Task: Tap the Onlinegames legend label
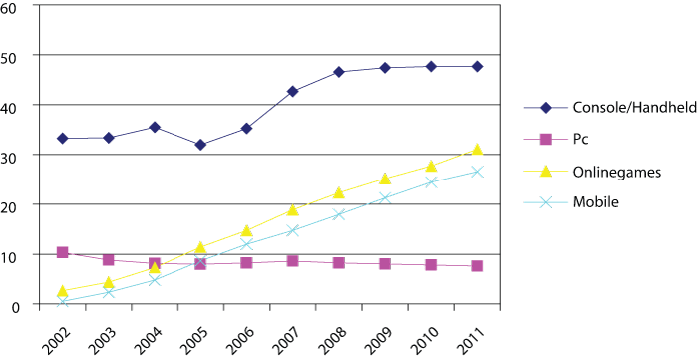coord(605,171)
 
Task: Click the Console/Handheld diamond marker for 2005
coord(200,145)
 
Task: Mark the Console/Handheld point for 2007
coord(293,91)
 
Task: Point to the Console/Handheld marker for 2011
coord(477,67)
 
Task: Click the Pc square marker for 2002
coord(62,253)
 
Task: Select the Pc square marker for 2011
coord(477,266)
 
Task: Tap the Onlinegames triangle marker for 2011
coord(477,150)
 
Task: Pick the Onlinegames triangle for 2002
coord(62,291)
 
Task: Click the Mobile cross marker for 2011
coord(477,172)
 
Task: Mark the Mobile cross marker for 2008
coord(339,214)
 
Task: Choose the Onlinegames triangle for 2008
coord(339,192)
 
